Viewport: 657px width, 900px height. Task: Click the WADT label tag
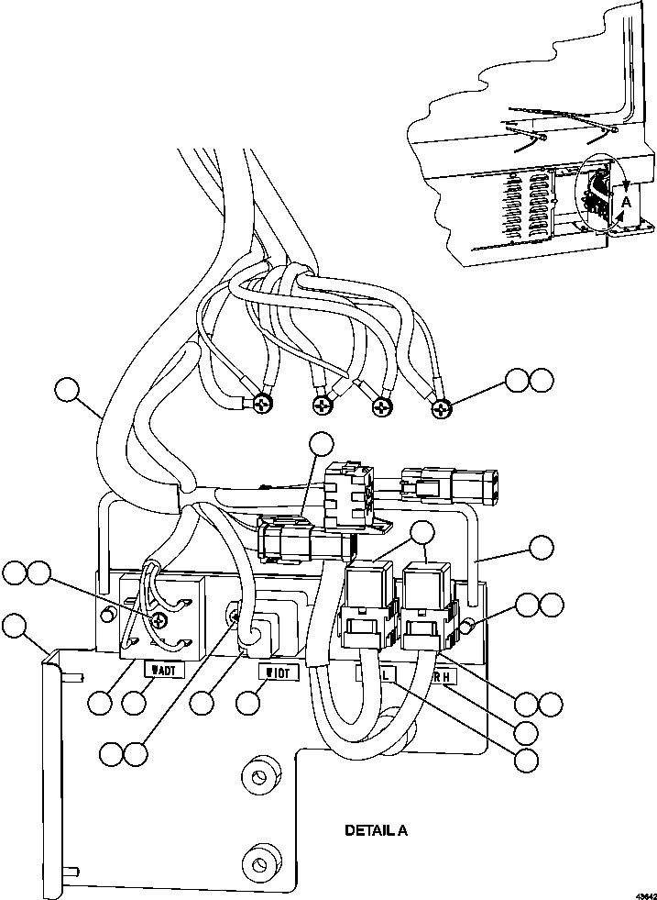[x=166, y=670]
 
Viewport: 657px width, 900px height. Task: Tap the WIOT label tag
[x=278, y=673]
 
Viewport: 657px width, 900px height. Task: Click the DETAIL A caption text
[x=376, y=831]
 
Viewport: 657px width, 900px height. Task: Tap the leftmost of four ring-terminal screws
[x=262, y=402]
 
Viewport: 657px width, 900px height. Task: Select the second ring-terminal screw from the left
[x=322, y=405]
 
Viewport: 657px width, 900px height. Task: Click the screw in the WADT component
[x=161, y=620]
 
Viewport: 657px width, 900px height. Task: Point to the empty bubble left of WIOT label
[x=203, y=704]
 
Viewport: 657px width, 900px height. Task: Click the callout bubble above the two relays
[x=422, y=533]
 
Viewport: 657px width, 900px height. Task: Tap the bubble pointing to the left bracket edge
[x=14, y=628]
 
